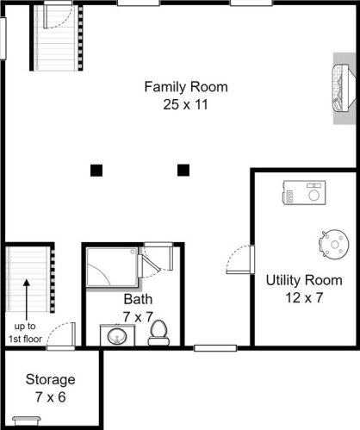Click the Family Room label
click(x=186, y=87)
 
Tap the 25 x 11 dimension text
click(x=185, y=104)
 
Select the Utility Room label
click(x=304, y=280)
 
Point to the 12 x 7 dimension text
click(x=304, y=297)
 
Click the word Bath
click(x=138, y=299)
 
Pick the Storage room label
click(x=51, y=379)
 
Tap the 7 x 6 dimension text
click(x=51, y=397)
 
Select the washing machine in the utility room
click(x=304, y=192)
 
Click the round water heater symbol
click(x=334, y=245)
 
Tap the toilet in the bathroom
click(x=158, y=333)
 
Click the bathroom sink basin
click(x=117, y=336)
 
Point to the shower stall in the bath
click(x=112, y=267)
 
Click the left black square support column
click(x=96, y=170)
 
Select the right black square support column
click(x=183, y=170)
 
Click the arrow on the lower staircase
click(x=27, y=300)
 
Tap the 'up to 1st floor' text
click(x=25, y=333)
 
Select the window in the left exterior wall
click(x=3, y=39)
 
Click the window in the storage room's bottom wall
click(x=27, y=421)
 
